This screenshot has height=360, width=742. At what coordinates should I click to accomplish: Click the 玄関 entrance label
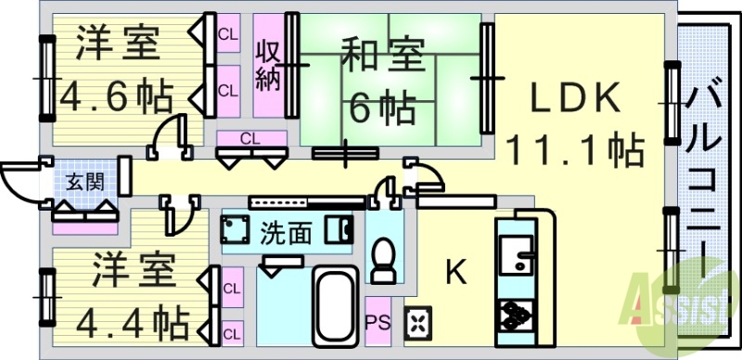(84, 182)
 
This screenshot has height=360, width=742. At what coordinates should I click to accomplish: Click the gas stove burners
(516, 316)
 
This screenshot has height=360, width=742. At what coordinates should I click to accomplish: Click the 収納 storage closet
(269, 65)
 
